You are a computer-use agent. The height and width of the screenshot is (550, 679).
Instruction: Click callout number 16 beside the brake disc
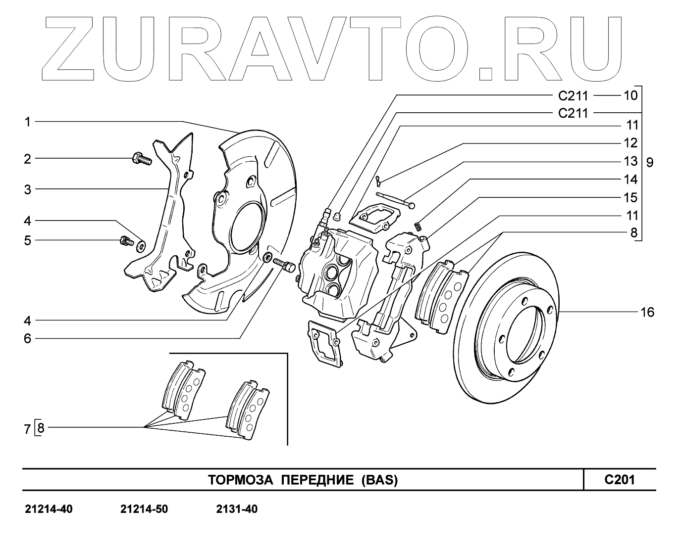click(x=647, y=312)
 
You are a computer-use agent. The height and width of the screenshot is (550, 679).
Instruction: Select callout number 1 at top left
click(x=28, y=122)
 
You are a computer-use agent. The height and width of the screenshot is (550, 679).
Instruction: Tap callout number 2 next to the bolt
click(x=28, y=159)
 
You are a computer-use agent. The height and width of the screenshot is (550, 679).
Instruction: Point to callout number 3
click(x=28, y=189)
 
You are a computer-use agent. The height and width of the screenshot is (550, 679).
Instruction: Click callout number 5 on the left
click(x=28, y=240)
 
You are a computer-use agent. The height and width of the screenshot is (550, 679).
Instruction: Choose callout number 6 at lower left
click(x=28, y=339)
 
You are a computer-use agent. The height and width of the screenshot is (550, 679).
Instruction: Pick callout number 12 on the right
click(x=630, y=143)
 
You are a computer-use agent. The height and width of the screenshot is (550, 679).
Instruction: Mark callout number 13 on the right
click(x=630, y=161)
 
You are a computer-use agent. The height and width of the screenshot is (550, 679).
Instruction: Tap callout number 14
click(x=630, y=179)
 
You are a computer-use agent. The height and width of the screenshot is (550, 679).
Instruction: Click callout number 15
click(x=630, y=197)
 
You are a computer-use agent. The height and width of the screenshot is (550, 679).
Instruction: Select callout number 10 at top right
click(x=630, y=94)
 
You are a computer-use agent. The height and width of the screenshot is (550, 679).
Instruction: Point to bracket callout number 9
click(x=650, y=162)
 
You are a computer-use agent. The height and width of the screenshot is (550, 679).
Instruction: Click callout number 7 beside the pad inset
click(x=28, y=428)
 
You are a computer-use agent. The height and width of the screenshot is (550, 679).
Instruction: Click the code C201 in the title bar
click(x=619, y=479)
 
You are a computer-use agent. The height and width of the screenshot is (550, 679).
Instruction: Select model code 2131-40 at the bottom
click(x=237, y=509)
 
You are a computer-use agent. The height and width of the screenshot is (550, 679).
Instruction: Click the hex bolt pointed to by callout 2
click(x=141, y=159)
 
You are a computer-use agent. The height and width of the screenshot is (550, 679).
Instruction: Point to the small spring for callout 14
click(x=418, y=226)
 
